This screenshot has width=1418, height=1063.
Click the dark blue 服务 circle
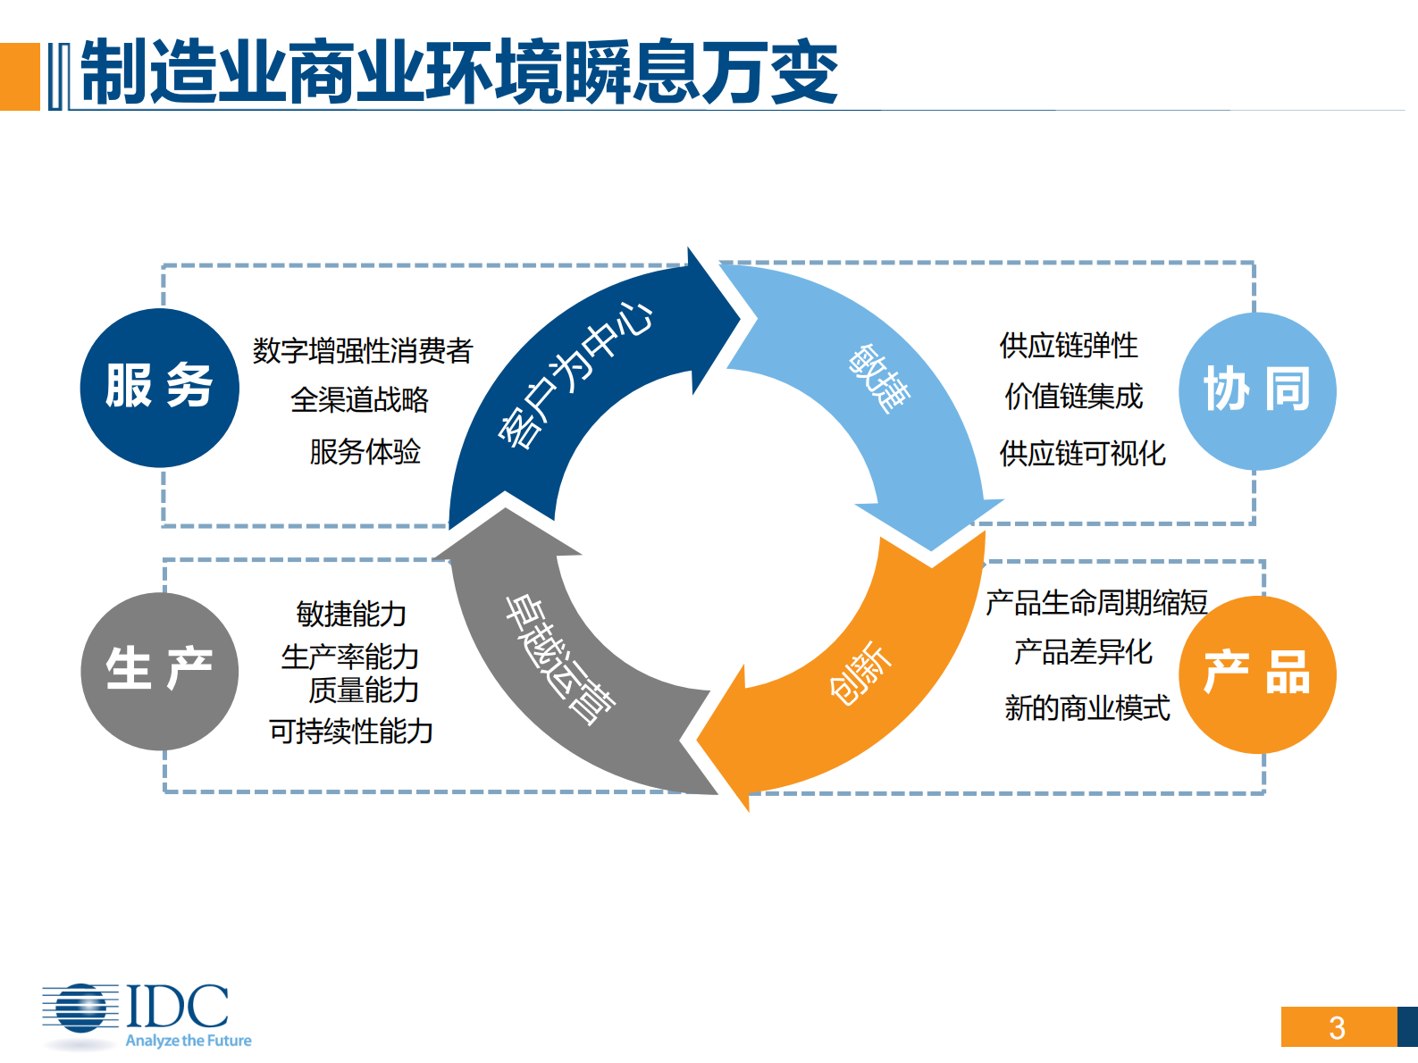coord(160,388)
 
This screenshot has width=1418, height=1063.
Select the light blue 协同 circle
coord(1257,391)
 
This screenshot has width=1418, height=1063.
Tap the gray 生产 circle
coord(160,671)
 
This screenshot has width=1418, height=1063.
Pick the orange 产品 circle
coord(1257,674)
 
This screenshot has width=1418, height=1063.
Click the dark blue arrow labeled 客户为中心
coord(572,375)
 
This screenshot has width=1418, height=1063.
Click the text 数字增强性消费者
coord(362,350)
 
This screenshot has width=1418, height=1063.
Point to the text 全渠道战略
coord(360,399)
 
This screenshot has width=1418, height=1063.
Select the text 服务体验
coord(365,451)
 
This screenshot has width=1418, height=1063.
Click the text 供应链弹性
coord(1069,345)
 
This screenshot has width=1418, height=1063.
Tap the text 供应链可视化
coord(1082,453)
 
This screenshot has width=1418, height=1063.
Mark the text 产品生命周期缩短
coord(1096,602)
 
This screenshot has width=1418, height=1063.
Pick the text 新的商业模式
coord(1087,707)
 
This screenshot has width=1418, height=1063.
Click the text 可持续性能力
coord(351,732)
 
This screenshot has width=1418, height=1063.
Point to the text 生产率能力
coord(350,657)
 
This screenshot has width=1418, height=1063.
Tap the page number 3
coord(1337,1027)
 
